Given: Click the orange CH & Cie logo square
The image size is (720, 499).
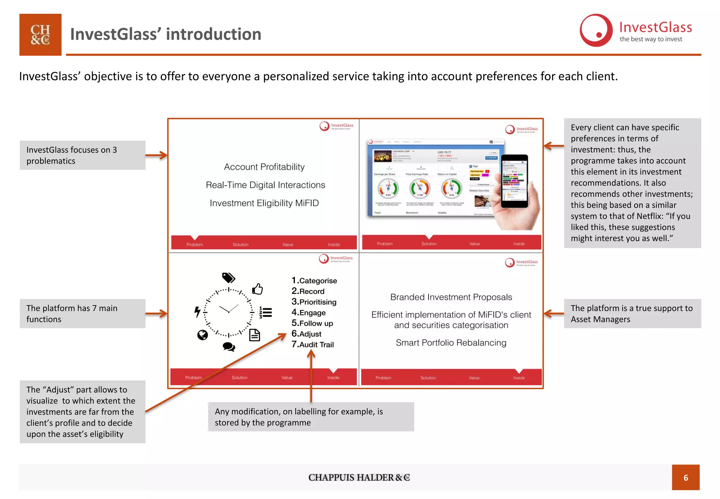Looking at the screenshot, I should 40,34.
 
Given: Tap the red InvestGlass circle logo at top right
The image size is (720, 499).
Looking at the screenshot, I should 596,31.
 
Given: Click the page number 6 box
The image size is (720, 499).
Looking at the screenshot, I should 685,477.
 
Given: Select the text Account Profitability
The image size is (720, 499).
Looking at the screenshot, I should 264,167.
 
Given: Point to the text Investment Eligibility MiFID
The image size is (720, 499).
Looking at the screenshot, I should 264,203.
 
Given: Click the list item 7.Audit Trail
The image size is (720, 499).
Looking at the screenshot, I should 313,345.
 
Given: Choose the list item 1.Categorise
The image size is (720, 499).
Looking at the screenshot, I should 314,280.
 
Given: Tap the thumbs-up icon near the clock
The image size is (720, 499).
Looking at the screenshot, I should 257,289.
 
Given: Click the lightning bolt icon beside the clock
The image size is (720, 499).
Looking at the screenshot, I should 198,311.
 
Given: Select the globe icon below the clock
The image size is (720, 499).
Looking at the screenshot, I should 202,335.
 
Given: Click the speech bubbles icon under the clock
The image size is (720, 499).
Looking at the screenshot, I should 229,347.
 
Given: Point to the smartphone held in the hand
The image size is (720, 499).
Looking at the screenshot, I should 514,181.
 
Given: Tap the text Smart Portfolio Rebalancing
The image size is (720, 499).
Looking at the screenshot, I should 451,343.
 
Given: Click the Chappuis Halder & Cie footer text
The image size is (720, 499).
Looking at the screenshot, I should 359,478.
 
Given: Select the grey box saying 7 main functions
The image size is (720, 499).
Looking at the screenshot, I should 83,314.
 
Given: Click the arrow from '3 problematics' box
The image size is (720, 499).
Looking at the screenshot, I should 156,155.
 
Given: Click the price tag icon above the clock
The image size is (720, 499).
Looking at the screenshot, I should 229,278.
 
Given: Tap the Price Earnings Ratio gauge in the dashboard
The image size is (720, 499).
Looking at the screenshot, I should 420,188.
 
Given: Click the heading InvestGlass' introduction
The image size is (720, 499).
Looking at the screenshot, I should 166,34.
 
